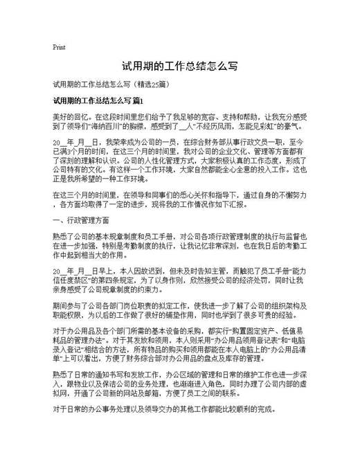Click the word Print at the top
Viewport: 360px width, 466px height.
(x=59, y=48)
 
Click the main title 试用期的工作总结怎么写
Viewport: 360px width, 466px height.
(x=180, y=67)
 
